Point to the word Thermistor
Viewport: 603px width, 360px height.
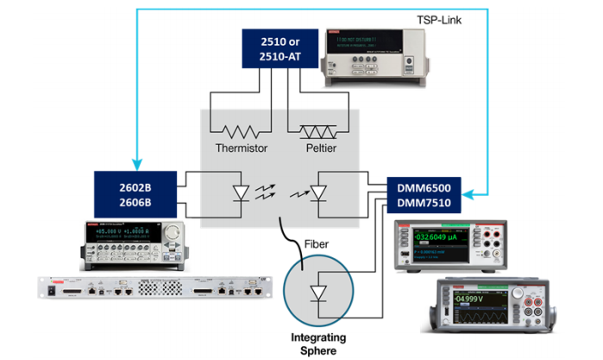click(241, 148)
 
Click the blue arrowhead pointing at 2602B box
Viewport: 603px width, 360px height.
click(136, 165)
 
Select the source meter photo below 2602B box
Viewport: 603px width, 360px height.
click(135, 243)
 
